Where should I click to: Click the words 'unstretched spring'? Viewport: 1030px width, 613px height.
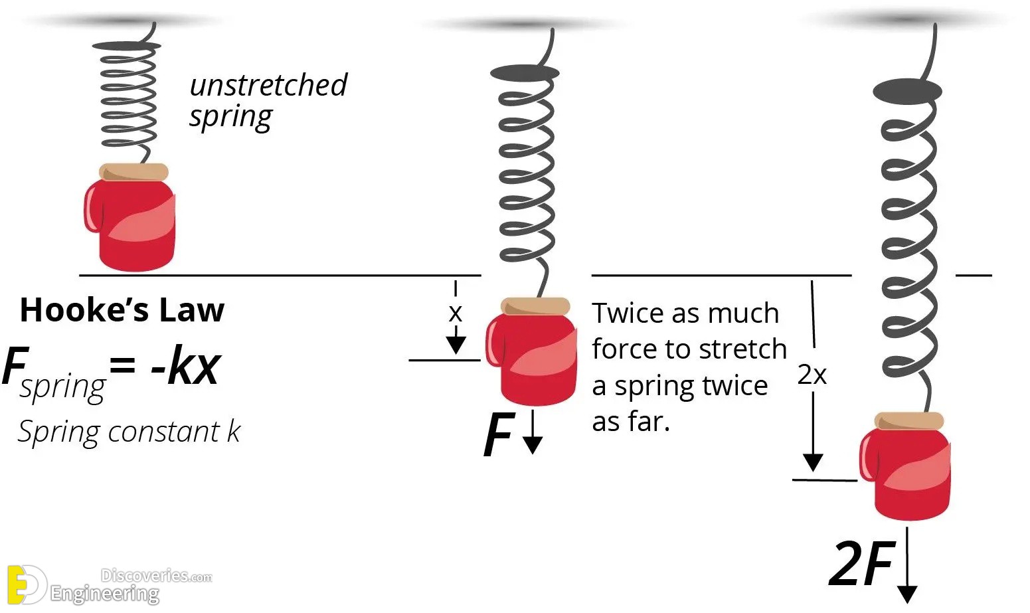point(268,101)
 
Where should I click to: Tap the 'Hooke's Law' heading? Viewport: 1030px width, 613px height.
point(122,310)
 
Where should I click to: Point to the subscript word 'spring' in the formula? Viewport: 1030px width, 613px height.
point(63,387)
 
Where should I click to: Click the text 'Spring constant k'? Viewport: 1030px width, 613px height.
point(129,432)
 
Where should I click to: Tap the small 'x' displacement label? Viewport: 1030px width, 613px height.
point(455,313)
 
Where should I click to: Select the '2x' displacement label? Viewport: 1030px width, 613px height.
point(812,375)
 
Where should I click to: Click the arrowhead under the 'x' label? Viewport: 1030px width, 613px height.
point(456,345)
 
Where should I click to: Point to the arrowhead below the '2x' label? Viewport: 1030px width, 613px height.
point(813,462)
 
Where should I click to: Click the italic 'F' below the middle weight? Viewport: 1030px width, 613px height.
point(499,434)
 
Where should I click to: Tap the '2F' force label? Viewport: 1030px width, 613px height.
point(862,563)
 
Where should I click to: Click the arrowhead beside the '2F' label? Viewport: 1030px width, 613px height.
point(907,594)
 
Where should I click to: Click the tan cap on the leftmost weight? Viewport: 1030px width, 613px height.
point(133,172)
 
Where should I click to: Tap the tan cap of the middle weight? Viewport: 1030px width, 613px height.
point(535,306)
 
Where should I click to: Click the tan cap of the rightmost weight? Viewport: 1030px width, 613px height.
point(909,421)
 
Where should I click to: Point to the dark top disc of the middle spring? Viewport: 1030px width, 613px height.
point(525,73)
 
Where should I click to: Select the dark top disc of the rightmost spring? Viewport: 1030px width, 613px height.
point(907,90)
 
